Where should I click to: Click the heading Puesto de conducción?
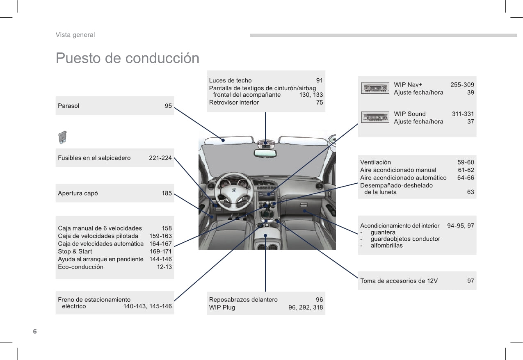click(x=127, y=58)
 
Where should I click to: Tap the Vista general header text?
click(x=75, y=35)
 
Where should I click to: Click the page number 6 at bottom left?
click(x=35, y=331)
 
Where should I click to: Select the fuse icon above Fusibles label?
click(x=63, y=137)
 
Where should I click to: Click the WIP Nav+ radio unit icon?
click(x=375, y=89)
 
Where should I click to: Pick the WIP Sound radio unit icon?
click(x=375, y=117)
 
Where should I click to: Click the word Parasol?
click(x=69, y=106)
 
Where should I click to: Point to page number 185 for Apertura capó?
click(x=167, y=193)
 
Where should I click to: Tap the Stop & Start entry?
click(x=75, y=251)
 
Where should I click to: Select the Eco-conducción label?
click(x=81, y=267)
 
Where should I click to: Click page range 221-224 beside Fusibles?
click(x=160, y=158)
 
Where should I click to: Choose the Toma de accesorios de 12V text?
click(x=399, y=281)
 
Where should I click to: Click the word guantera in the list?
click(x=383, y=232)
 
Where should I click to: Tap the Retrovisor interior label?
click(x=234, y=103)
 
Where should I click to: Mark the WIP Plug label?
click(x=222, y=307)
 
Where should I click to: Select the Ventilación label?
click(x=375, y=162)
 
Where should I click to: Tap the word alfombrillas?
click(x=386, y=246)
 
